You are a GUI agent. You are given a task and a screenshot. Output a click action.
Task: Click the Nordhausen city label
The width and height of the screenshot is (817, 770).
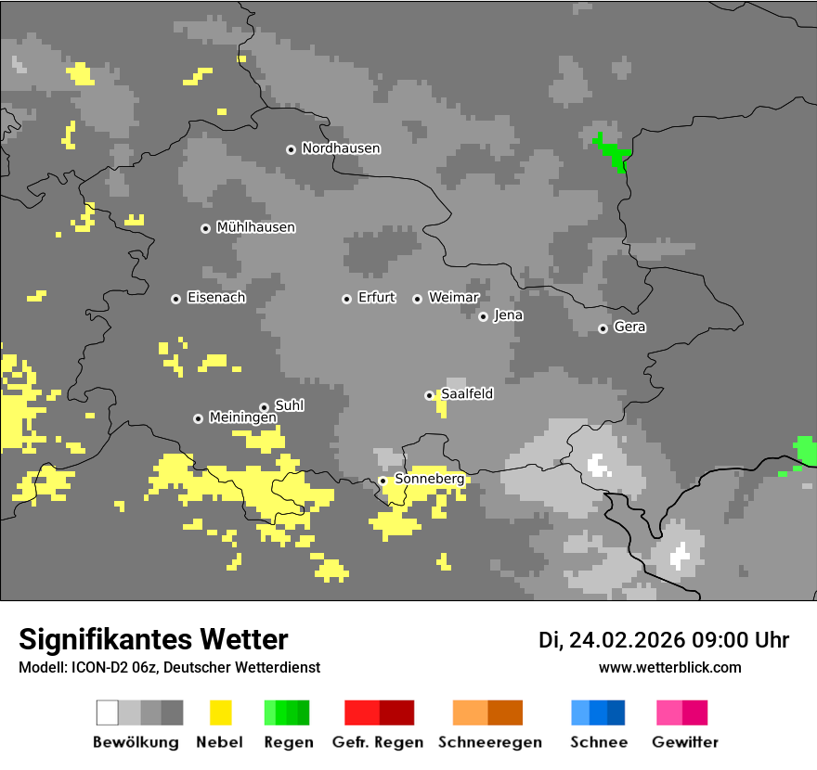[341, 148]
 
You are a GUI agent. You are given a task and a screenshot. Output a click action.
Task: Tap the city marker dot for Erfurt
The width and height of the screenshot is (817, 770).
[346, 299]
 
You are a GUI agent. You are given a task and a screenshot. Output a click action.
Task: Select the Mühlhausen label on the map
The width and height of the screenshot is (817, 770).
[255, 227]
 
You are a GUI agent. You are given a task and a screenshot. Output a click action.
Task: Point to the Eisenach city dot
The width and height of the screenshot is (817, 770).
[175, 299]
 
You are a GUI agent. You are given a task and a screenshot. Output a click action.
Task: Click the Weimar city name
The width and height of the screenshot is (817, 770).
[453, 298]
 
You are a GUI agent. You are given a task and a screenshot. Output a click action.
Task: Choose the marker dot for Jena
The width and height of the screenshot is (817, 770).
[483, 316]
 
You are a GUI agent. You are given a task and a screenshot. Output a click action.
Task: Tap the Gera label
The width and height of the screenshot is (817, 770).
[629, 327]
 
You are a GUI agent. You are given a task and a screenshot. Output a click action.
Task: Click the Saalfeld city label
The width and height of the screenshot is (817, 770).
[467, 394]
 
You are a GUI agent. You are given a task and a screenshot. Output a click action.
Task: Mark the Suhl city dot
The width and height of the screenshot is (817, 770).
[264, 407]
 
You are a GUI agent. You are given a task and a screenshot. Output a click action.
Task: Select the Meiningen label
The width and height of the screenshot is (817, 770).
[242, 418]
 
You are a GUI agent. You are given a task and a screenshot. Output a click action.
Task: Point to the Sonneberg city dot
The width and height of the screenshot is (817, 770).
[383, 481]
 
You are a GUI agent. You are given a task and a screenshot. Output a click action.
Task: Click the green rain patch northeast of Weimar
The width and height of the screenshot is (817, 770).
[613, 150]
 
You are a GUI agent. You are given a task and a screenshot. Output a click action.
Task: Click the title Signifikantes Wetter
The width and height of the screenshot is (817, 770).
[153, 639]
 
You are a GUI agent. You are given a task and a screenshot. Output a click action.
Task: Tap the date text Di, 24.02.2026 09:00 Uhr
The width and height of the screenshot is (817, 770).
[664, 640]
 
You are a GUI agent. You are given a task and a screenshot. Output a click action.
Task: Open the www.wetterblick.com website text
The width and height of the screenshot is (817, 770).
[669, 668]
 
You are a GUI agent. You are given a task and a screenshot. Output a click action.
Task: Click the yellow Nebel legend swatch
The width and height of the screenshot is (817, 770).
[220, 712]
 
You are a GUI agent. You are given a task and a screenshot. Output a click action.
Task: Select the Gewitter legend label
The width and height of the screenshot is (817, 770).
[684, 742]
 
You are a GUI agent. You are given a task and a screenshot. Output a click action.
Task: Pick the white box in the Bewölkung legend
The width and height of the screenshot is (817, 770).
[108, 712]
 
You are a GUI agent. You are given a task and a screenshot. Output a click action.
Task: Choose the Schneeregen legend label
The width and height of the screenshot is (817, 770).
[489, 742]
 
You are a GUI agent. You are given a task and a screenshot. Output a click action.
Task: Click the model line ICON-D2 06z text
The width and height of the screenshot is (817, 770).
[169, 668]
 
